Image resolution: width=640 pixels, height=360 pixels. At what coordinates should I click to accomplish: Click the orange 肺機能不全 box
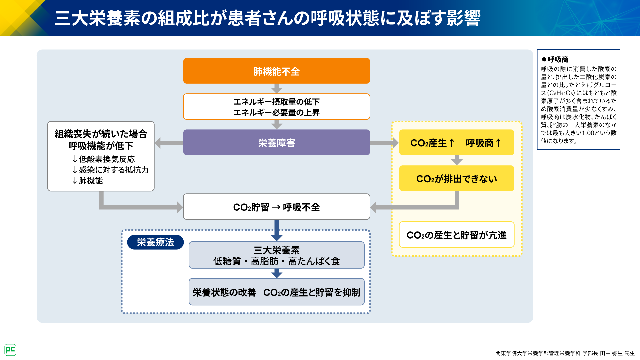point(276,71)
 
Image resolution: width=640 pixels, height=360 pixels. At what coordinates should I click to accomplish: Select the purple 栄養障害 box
point(276,142)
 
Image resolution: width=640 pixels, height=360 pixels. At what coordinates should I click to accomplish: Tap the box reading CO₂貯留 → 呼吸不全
point(276,207)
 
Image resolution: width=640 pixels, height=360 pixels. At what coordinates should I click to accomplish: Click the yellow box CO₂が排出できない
point(456,178)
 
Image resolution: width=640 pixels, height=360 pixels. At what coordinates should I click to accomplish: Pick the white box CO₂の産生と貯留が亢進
point(456,235)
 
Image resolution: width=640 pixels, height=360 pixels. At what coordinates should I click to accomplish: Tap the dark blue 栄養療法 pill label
point(155,242)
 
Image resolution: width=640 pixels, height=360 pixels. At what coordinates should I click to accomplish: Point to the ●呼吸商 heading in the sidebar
point(555,59)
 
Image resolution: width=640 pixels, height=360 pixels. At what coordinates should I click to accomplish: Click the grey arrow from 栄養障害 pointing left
point(169,143)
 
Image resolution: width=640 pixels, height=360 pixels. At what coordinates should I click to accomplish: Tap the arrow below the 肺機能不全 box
point(276,88)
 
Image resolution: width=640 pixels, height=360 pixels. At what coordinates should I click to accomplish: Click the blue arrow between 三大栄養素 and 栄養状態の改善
point(276,273)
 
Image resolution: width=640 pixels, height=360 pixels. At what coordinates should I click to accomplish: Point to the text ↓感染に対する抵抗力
point(111,170)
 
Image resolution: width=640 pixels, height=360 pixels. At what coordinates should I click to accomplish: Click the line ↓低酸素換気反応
point(104,159)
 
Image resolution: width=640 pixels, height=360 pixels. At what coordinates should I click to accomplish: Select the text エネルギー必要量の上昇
point(276,112)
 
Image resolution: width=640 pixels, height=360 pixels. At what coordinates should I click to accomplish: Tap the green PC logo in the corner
point(10,350)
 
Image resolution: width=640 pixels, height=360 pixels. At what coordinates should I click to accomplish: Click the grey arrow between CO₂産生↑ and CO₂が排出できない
point(456,160)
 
